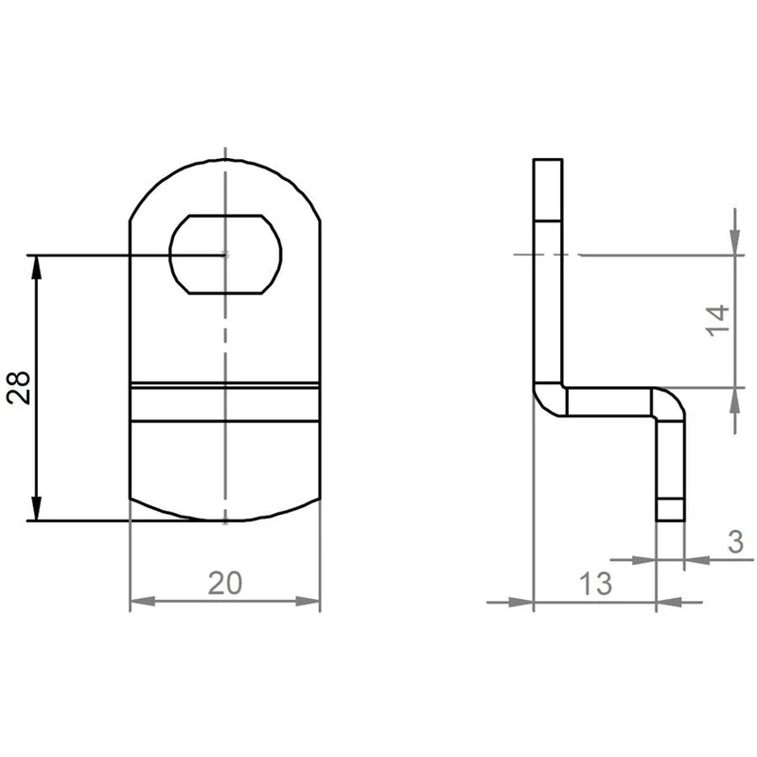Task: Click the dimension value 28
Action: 19,387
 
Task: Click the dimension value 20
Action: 225,583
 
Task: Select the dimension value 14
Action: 717,320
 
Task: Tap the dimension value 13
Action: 596,583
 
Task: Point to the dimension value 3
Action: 736,542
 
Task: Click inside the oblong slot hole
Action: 225,255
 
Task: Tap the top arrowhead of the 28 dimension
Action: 36,267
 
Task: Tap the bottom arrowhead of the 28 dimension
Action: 36,508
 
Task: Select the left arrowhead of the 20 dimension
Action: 143,602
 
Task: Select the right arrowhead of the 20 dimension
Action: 308,602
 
